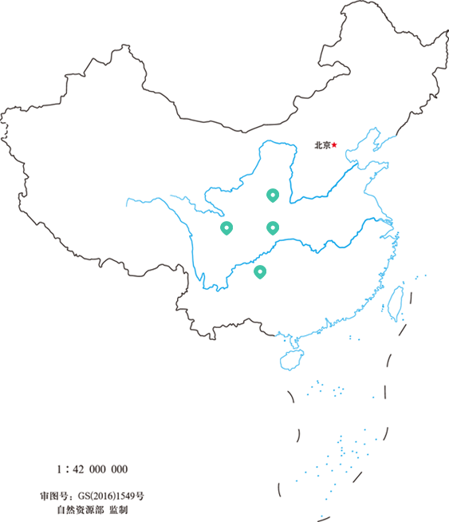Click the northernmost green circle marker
point(272,194)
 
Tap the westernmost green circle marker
point(226,228)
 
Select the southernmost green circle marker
point(259,271)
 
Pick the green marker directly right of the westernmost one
point(272,228)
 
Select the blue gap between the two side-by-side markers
point(249,228)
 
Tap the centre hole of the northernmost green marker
point(272,194)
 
